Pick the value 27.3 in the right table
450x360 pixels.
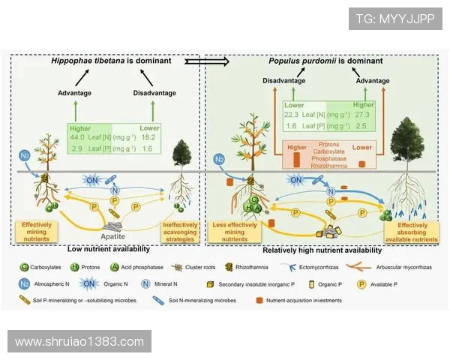click(363, 114)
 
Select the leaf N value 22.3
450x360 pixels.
click(292, 114)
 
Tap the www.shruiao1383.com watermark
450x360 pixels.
click(79, 342)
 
